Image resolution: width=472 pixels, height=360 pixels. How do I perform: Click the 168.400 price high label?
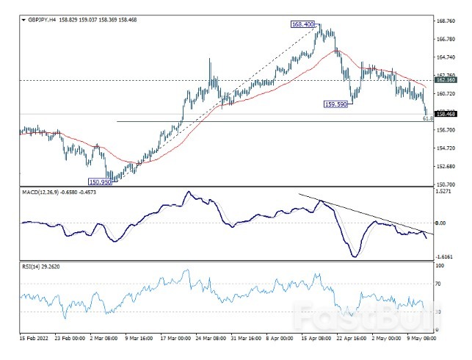(303, 24)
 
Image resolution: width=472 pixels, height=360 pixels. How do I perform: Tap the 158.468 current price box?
(446, 114)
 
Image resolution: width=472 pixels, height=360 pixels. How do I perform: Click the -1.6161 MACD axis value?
(444, 256)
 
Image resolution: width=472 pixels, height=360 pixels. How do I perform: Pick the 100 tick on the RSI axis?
(440, 263)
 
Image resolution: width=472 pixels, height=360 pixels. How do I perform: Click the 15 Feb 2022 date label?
(33, 340)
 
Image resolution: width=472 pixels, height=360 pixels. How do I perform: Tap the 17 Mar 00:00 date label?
(174, 340)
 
